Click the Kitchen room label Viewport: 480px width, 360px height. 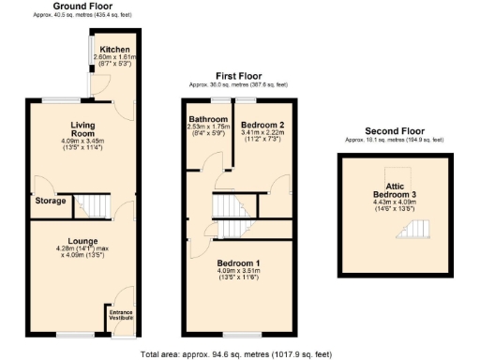tap(116, 49)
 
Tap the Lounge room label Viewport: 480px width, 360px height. tap(83, 240)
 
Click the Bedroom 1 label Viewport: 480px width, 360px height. tap(238, 263)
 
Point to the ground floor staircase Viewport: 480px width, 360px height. tap(92, 203)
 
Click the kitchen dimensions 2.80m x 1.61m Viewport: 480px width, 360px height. tap(116, 57)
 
